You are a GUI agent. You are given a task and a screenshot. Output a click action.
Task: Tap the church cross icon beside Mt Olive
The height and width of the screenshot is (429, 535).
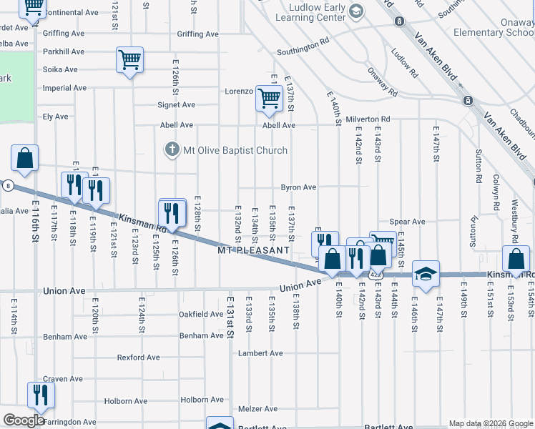[x=172, y=150]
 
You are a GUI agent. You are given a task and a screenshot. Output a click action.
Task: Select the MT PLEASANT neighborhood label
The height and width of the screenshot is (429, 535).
[x=254, y=250]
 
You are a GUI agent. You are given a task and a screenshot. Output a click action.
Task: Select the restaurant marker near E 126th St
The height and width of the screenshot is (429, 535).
[x=172, y=212]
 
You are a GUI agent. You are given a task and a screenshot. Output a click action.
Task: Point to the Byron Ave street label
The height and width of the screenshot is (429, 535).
[x=298, y=187]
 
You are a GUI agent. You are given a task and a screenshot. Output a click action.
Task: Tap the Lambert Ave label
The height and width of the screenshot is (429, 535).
[x=262, y=353]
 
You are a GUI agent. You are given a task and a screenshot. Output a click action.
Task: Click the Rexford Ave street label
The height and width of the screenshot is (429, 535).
[x=137, y=357]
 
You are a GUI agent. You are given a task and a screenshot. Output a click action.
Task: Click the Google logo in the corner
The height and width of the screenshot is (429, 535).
[x=24, y=420]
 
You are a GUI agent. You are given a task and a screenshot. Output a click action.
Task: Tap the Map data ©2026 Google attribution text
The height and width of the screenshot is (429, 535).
[x=490, y=423]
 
